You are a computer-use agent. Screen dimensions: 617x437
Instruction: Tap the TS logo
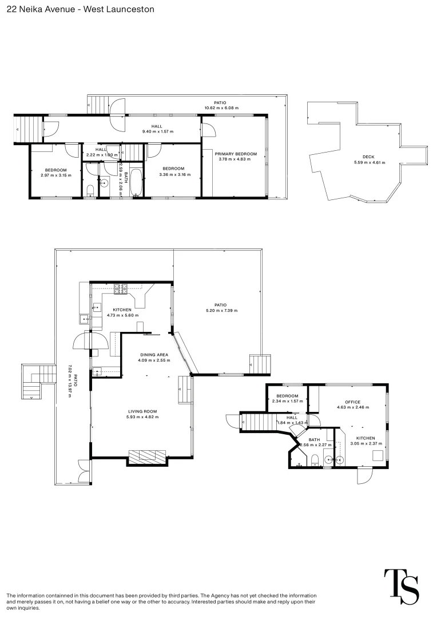(401, 587)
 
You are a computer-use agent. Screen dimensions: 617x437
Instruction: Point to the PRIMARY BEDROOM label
(236, 154)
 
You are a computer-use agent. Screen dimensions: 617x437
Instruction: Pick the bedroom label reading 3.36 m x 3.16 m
(173, 169)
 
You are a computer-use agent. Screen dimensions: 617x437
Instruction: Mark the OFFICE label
(352, 402)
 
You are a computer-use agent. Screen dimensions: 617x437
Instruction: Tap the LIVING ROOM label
(142, 411)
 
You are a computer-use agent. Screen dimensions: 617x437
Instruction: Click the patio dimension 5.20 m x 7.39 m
(221, 310)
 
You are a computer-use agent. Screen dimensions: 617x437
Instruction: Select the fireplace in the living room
(146, 456)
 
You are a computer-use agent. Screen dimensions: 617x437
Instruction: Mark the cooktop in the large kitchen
(122, 289)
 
